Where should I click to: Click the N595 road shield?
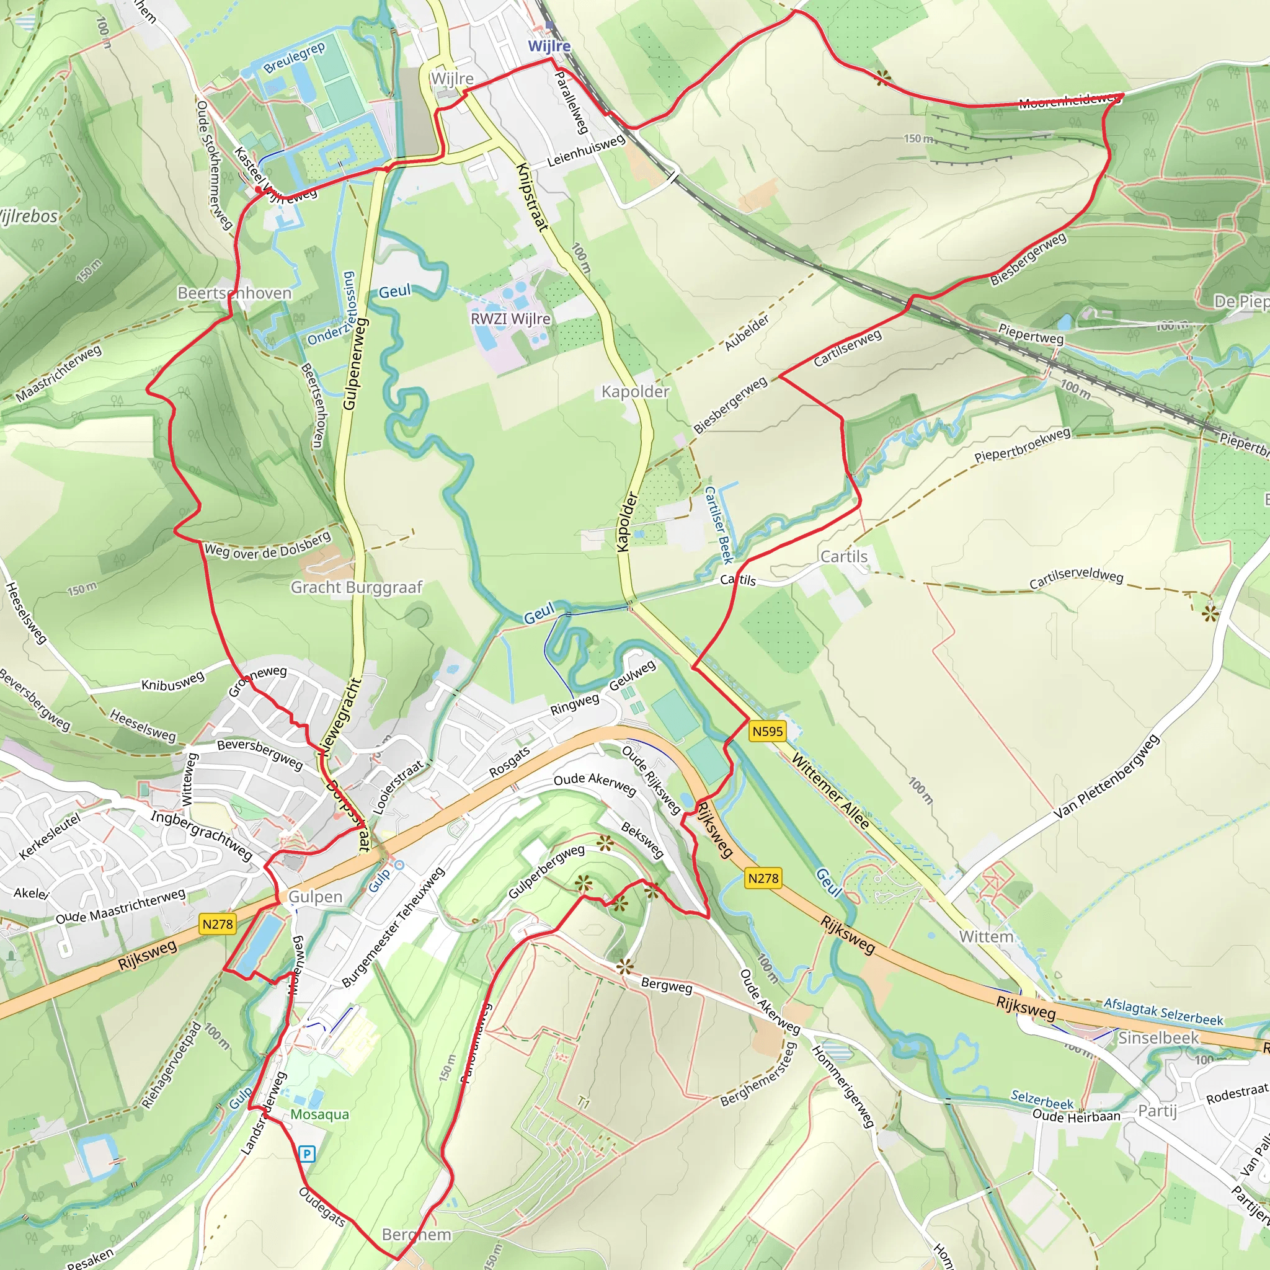pyautogui.click(x=767, y=731)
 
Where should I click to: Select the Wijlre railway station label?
pyautogui.click(x=549, y=46)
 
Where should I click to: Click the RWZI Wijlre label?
pyautogui.click(x=510, y=319)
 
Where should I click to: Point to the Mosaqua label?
pyautogui.click(x=319, y=1114)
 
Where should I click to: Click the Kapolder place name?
pyautogui.click(x=635, y=392)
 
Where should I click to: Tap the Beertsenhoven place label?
pyautogui.click(x=234, y=293)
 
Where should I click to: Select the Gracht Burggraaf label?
pyautogui.click(x=357, y=587)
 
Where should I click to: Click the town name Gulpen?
pyautogui.click(x=315, y=897)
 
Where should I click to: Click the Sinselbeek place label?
pyautogui.click(x=1158, y=1038)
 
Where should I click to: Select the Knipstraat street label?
pyautogui.click(x=532, y=197)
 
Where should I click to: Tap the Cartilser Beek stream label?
pyautogui.click(x=718, y=525)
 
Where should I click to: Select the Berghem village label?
pyautogui.click(x=416, y=1235)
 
